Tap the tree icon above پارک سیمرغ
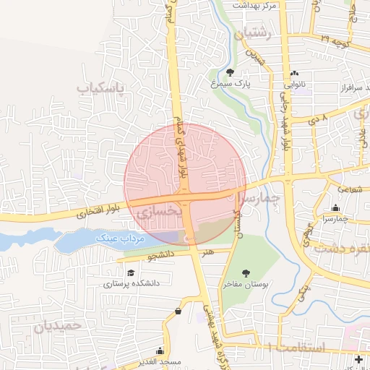230,72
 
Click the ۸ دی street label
319,116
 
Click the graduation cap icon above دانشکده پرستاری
131,272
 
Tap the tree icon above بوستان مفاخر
246,272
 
